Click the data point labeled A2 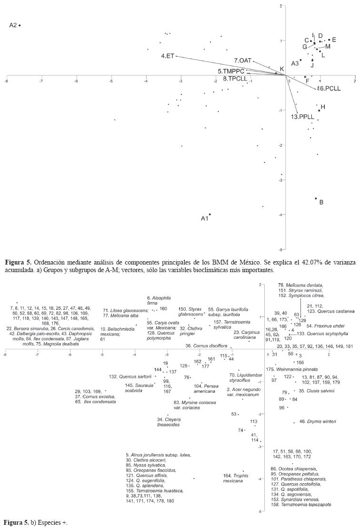(20, 25)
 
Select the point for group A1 (210, 214)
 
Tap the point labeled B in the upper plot (316, 198)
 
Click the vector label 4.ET (168, 56)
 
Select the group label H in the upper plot (322, 107)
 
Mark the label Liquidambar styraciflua (243, 378)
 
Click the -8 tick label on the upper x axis (6, 81)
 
